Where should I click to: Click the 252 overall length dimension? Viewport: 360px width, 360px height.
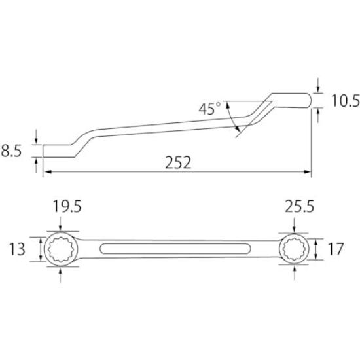pyautogui.click(x=179, y=162)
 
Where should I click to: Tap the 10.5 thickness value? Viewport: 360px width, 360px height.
pyautogui.click(x=340, y=101)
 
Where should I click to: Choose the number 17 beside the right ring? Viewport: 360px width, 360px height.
pyautogui.click(x=336, y=249)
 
